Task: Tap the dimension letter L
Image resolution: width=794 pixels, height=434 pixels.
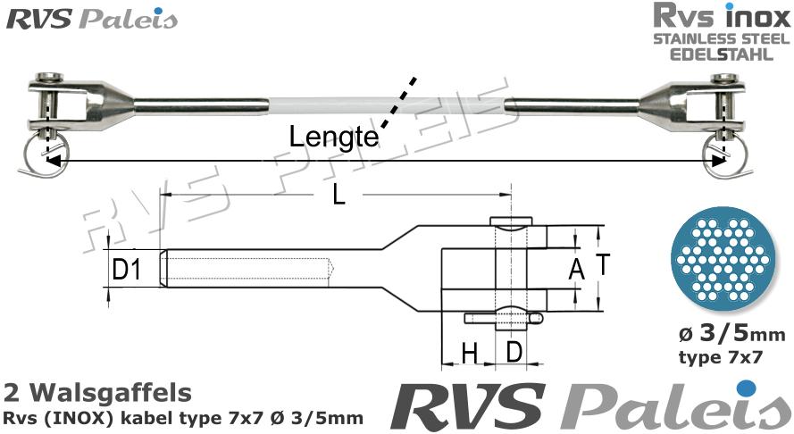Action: pos(338,194)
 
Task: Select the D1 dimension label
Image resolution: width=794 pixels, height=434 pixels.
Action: pos(127,267)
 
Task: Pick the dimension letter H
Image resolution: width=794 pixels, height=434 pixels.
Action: pos(469,354)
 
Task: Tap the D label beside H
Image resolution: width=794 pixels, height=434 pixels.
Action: pos(514,352)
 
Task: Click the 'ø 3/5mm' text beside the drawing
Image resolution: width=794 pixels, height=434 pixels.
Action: pos(731,335)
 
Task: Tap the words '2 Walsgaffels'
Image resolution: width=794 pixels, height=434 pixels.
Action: pos(97,392)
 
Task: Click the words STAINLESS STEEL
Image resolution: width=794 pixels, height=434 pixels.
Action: pos(720,39)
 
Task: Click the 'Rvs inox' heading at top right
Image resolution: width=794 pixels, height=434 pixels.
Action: pos(720,17)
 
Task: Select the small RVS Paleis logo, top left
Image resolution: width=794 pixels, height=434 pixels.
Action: pos(92,19)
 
